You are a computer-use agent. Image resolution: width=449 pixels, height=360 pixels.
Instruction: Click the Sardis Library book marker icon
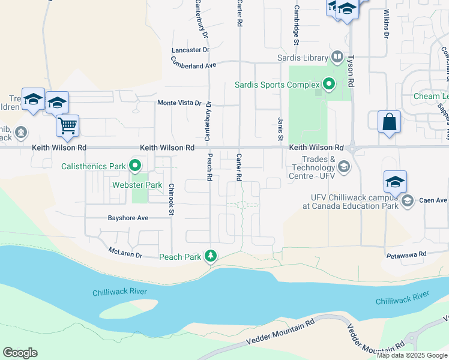[x=337, y=58]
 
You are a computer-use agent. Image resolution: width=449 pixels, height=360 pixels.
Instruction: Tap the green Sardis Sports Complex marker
[x=328, y=85]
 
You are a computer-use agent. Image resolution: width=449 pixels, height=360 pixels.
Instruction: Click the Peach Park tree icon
[x=211, y=257]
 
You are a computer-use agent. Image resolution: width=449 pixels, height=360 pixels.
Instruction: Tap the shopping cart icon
[x=68, y=126]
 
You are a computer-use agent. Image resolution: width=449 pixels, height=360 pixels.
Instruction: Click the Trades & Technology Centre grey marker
[x=344, y=166]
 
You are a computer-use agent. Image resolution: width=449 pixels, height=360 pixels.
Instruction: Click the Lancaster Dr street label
[x=190, y=50]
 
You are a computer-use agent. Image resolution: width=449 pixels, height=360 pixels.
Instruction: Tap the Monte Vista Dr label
[x=179, y=103]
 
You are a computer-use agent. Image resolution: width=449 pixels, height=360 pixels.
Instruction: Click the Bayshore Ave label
[x=128, y=218]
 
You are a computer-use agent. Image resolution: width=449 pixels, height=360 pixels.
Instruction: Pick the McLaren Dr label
[x=125, y=253]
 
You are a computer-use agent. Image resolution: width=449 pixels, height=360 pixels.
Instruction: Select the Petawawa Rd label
[x=406, y=254]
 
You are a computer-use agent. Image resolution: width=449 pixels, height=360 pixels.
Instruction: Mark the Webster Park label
[x=137, y=185]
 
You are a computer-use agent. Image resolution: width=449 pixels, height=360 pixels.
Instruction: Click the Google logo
[x=20, y=353]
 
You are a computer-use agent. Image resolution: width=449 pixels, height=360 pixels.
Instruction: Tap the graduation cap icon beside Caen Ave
[x=395, y=182]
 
